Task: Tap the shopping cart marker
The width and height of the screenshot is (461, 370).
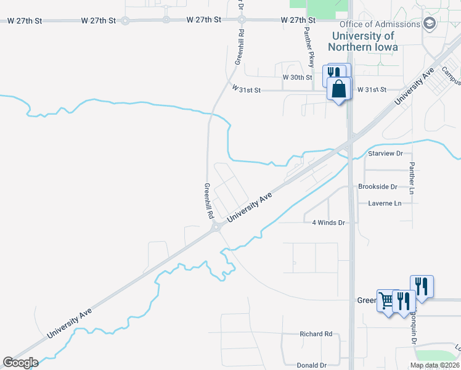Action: (386, 301)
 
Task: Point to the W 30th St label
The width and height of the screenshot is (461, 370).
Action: (298, 78)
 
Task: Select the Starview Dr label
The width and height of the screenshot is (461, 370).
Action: (385, 153)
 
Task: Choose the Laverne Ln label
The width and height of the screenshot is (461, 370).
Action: (385, 203)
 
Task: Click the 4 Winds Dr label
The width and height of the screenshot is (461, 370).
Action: (328, 223)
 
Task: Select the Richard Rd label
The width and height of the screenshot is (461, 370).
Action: (316, 334)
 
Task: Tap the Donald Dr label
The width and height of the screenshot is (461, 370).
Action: (311, 366)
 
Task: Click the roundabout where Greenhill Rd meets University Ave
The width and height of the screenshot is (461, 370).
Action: (215, 228)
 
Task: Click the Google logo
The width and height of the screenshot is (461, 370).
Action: (20, 363)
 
